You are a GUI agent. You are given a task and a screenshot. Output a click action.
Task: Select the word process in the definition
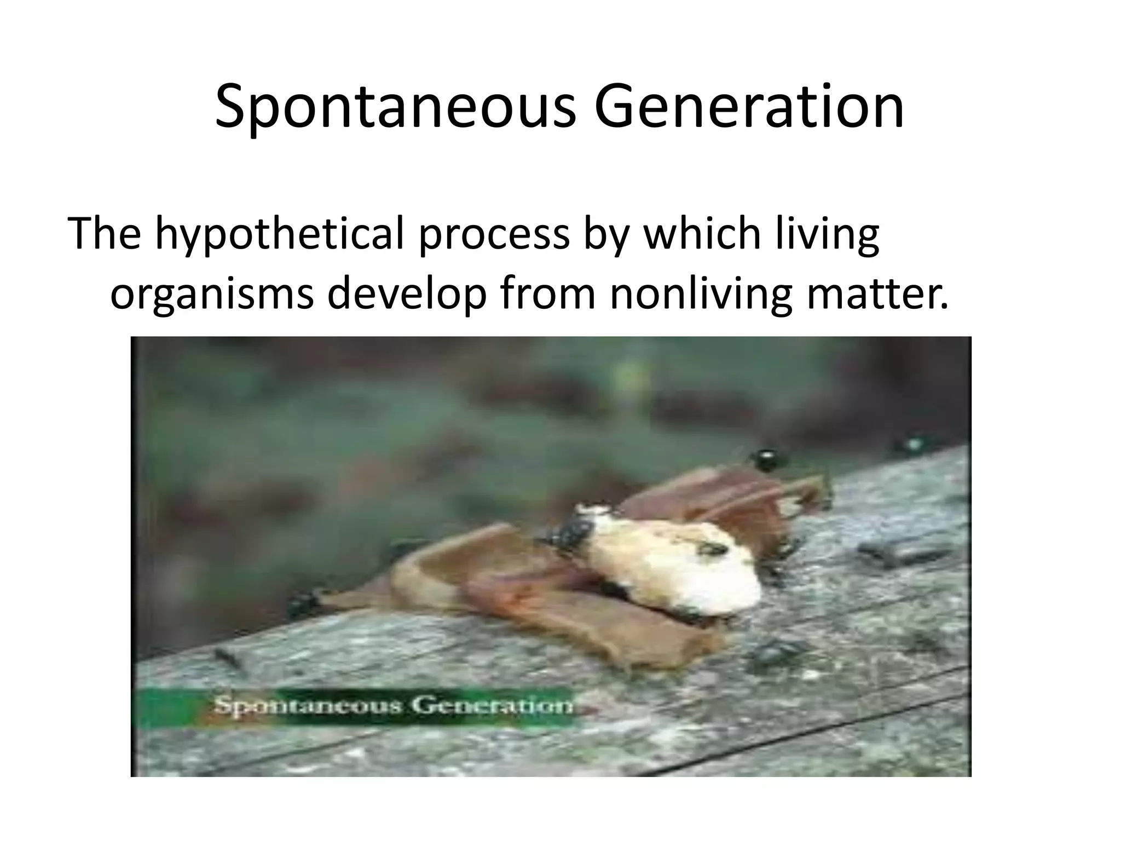494,234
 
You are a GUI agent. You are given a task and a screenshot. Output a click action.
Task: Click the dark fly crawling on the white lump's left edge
569,534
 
